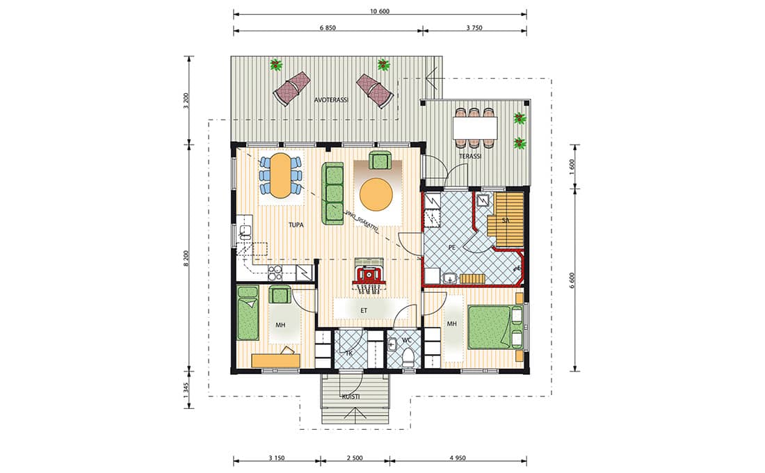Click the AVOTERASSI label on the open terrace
click(331, 100)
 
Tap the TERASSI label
click(470, 157)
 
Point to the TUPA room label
click(296, 225)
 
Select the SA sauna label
click(506, 221)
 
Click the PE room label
click(452, 248)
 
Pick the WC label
click(407, 340)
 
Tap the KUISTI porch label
click(351, 396)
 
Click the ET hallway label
click(364, 310)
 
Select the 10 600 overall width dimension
click(380, 12)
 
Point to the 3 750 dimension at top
click(474, 28)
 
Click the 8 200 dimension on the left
click(186, 258)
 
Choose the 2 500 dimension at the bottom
click(355, 458)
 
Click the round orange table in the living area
click(376, 194)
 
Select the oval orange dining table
click(280, 176)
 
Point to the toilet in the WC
click(408, 358)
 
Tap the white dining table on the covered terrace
click(475, 128)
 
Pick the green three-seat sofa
click(332, 193)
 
